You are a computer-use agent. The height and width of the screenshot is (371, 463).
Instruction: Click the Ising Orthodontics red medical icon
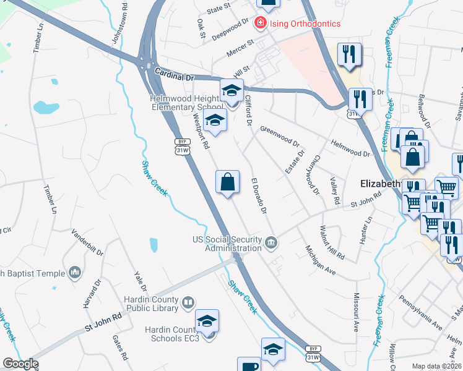261,23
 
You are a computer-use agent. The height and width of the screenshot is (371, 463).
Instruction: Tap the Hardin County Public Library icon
188,303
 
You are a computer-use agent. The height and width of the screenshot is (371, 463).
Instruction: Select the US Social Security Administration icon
271,242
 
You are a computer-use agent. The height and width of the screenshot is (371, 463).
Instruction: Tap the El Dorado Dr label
258,196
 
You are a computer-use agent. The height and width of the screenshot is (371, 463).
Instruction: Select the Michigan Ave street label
319,260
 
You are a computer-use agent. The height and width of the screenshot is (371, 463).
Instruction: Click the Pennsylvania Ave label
420,313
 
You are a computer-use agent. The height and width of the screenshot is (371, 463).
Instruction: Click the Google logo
20,364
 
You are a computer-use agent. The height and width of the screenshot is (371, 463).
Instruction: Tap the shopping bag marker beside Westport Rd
227,183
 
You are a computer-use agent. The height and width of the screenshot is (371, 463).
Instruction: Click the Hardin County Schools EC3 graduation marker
207,322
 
